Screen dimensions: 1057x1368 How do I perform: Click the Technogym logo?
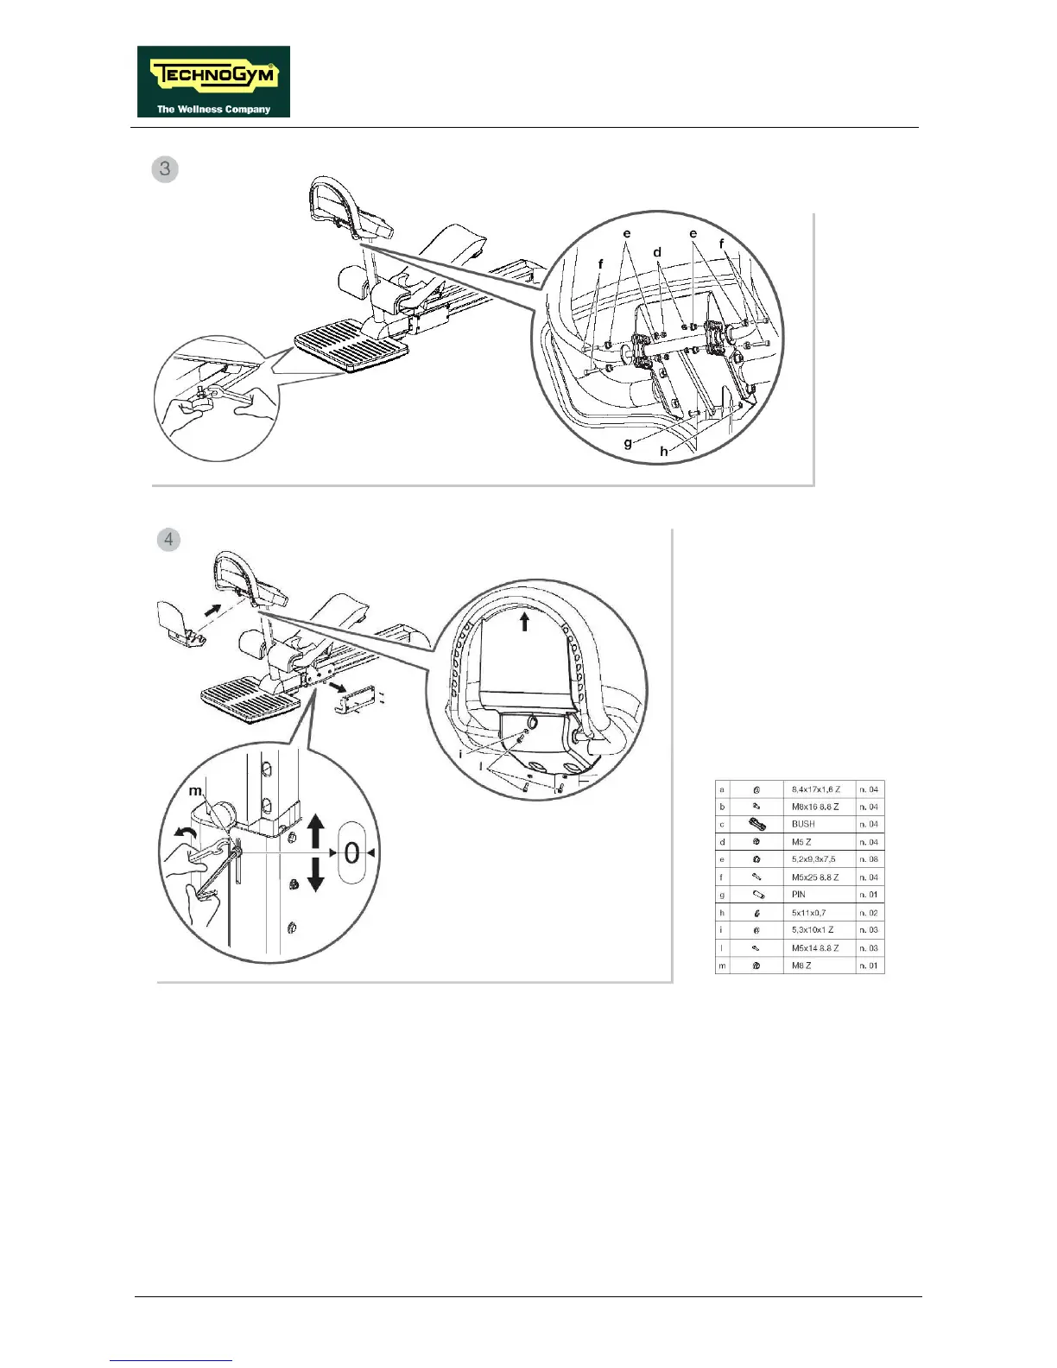(213, 81)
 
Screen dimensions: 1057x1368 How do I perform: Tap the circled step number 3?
(165, 168)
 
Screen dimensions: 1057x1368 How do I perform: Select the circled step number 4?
(168, 540)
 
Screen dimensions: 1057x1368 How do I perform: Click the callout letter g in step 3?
(629, 443)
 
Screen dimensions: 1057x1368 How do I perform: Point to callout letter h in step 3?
(664, 451)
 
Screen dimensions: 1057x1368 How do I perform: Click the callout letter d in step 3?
(657, 252)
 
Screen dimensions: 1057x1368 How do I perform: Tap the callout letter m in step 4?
(195, 791)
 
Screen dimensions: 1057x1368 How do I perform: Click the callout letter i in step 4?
(460, 754)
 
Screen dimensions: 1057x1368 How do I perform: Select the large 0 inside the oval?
(351, 853)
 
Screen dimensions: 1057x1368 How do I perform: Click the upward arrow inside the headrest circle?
(524, 620)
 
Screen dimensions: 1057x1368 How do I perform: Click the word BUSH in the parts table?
(803, 824)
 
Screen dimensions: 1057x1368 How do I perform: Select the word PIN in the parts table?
(799, 895)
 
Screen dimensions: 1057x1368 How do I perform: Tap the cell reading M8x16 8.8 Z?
(815, 807)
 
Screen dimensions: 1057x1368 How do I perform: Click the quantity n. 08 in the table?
(869, 859)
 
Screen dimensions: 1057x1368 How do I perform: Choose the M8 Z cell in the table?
(802, 966)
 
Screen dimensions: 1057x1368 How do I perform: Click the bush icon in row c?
(756, 824)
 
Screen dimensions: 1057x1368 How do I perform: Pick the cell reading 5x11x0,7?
(809, 913)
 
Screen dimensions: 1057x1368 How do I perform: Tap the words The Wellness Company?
(213, 110)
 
